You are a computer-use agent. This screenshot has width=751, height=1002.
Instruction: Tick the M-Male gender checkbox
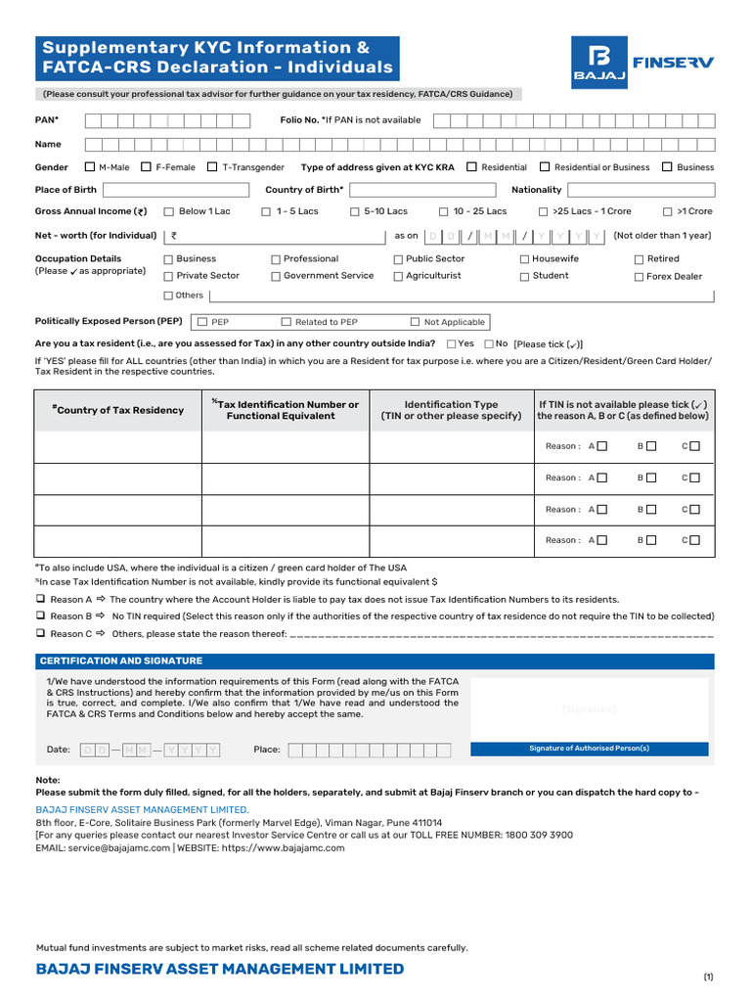pos(90,167)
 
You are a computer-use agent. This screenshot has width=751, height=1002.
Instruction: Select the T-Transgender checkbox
pos(212,167)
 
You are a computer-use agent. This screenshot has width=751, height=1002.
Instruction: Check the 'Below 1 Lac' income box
pos(168,211)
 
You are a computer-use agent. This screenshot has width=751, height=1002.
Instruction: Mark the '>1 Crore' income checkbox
pos(667,211)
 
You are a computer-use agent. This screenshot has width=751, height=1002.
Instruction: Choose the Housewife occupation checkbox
pos(524,259)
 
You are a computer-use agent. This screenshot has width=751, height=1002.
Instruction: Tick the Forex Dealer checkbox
pos(639,277)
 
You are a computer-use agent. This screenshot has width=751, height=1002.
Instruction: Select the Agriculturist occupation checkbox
pos(398,277)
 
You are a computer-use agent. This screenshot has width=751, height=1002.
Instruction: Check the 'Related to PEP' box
pos(287,322)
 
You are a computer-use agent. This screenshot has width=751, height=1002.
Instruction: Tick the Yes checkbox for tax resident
pos(451,343)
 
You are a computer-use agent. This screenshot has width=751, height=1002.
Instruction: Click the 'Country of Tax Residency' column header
pos(118,410)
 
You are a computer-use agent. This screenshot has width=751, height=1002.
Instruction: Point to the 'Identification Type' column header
pos(451,410)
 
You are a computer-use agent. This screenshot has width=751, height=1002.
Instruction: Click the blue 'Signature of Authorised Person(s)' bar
pos(589,749)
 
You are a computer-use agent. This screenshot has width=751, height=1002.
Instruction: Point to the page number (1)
pos(708,978)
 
